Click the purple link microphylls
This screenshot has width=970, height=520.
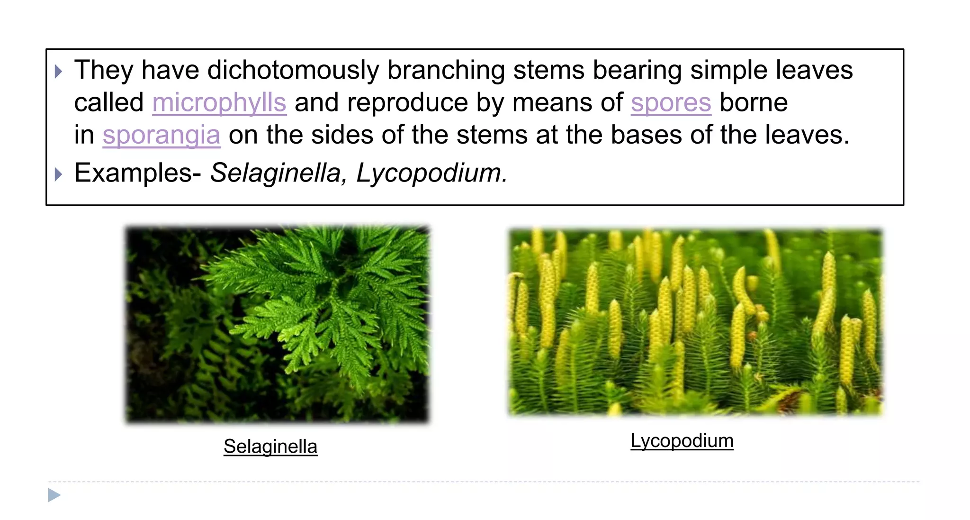[x=219, y=102]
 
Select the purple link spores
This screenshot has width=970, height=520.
[x=671, y=102]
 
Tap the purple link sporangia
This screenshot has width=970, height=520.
[x=162, y=135]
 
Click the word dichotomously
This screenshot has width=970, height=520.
[x=293, y=70]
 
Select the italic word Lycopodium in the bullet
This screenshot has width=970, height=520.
[x=431, y=173]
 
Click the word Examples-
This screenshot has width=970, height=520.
[x=138, y=173]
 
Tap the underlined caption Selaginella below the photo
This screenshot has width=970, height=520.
[x=270, y=447]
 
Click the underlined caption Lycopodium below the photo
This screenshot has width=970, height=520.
[x=682, y=441]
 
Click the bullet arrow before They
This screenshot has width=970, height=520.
[x=58, y=72]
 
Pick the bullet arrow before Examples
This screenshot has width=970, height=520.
[x=58, y=174]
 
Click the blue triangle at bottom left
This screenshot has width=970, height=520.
[x=54, y=495]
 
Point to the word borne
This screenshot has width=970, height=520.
[x=753, y=102]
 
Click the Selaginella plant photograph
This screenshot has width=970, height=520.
[x=277, y=324]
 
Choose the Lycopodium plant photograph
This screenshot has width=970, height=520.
[x=695, y=322]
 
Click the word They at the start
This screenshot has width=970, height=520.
[x=104, y=70]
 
